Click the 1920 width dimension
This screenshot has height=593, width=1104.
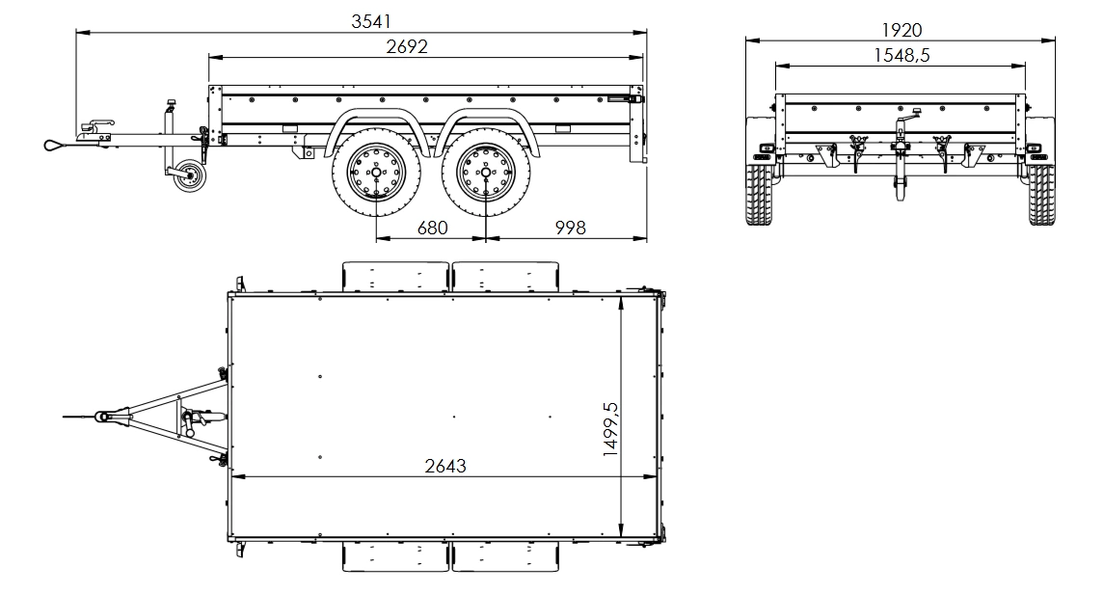901,30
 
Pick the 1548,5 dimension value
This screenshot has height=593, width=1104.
901,56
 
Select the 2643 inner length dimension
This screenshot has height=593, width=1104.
444,466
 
